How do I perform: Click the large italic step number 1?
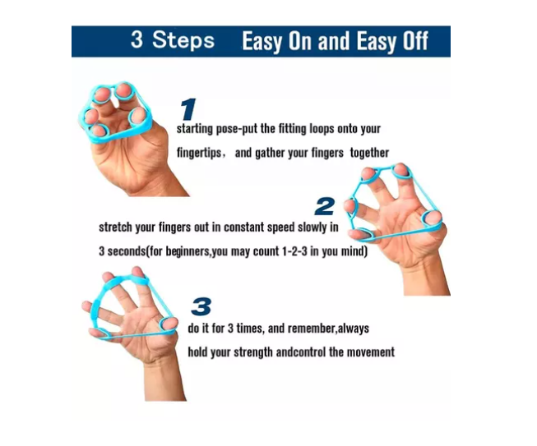tap(188, 109)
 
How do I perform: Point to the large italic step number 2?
tap(325, 205)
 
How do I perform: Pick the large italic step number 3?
tap(201, 306)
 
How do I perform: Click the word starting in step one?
tap(197, 130)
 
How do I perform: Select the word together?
tap(369, 153)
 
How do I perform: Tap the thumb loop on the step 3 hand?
tap(169, 323)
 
